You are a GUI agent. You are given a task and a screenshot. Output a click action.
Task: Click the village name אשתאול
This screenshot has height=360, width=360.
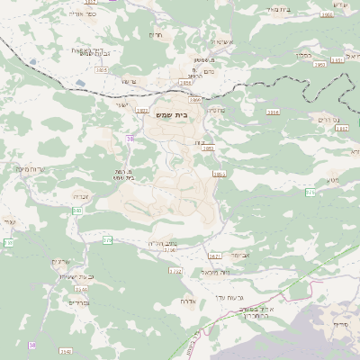pos(221,41)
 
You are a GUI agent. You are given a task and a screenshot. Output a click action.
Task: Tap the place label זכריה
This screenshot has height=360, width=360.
pos(79,194)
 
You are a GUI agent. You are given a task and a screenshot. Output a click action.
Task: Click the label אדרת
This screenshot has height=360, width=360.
pos(188,301)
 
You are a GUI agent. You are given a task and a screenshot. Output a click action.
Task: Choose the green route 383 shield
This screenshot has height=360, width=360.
pos(77,211)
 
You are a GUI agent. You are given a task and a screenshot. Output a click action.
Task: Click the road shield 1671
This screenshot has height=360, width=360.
pos(214,256)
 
